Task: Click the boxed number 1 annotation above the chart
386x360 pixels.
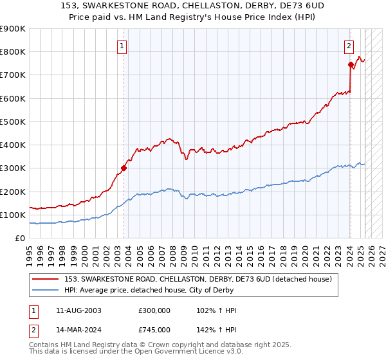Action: click(x=122, y=46)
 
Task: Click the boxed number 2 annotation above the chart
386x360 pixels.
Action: click(x=348, y=46)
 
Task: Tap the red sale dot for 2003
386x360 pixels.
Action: click(x=124, y=168)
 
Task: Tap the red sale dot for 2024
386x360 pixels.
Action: click(x=351, y=64)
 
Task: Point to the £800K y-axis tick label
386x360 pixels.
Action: click(x=13, y=52)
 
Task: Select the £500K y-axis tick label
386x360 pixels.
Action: click(x=13, y=122)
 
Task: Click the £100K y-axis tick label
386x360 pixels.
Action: click(x=13, y=215)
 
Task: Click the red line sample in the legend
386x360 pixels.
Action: click(x=46, y=278)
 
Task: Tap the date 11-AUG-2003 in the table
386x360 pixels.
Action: click(x=78, y=310)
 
